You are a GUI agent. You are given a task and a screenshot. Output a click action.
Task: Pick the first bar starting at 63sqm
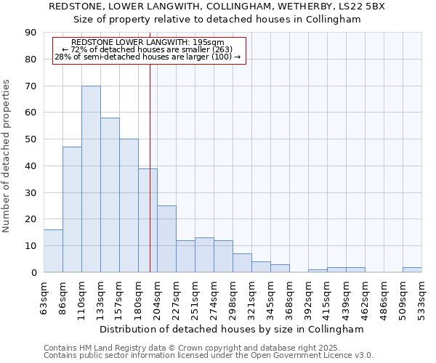(53, 250)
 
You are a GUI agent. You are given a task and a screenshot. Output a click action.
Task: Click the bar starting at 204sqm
(166, 239)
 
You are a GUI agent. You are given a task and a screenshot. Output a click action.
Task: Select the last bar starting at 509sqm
(412, 269)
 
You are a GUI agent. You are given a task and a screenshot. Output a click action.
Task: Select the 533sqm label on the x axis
(422, 297)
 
